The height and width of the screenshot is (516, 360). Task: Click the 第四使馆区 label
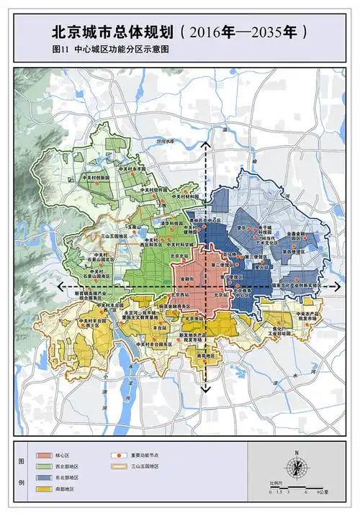(295, 253)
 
